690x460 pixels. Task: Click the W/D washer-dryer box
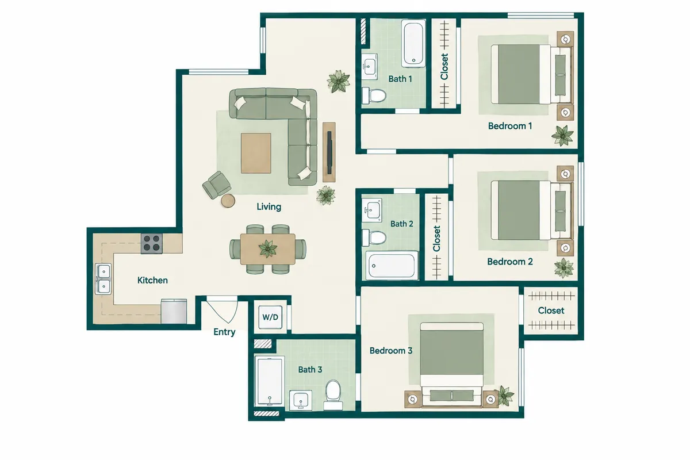(270, 317)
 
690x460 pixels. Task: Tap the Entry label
(224, 332)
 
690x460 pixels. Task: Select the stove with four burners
(152, 243)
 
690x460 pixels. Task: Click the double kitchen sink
(103, 279)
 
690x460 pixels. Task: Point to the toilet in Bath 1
(374, 95)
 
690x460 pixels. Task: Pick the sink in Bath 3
(301, 401)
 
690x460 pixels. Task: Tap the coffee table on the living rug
(256, 153)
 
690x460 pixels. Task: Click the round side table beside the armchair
(228, 201)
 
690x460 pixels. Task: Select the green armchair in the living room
(217, 185)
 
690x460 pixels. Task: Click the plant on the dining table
(268, 248)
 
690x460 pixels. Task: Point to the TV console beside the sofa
(329, 152)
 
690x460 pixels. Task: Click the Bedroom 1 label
(510, 126)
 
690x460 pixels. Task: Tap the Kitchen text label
(152, 281)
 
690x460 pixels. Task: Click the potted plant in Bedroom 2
(563, 268)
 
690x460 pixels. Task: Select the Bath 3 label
(310, 369)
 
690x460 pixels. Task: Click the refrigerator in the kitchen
(174, 311)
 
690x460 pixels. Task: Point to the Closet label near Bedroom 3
(551, 310)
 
